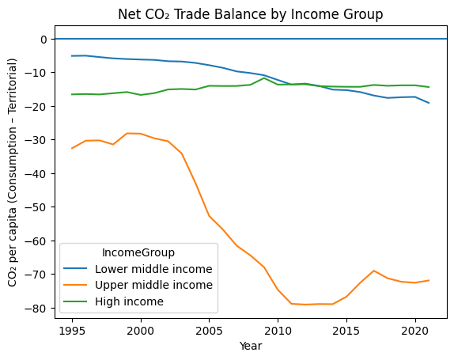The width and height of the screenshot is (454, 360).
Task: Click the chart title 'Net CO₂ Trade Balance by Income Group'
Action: coord(250,14)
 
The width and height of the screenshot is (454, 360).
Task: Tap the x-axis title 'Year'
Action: coord(250,347)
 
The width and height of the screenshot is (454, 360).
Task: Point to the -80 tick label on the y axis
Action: coord(37,308)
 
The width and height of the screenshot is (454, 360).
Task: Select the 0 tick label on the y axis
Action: coord(44,39)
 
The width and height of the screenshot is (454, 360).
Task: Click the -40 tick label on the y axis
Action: coord(37,173)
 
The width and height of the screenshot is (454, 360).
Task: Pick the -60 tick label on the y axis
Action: coord(37,241)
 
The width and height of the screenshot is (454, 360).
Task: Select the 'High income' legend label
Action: coord(131,301)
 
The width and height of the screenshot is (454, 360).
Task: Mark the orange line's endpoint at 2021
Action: coord(429,280)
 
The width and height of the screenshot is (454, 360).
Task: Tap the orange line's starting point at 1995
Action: coord(72,149)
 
